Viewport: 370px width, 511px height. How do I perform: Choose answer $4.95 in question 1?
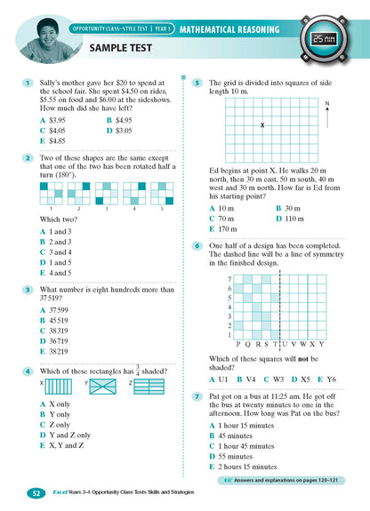118,119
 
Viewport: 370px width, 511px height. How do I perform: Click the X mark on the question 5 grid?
262,125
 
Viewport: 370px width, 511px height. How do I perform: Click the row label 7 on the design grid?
229,278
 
